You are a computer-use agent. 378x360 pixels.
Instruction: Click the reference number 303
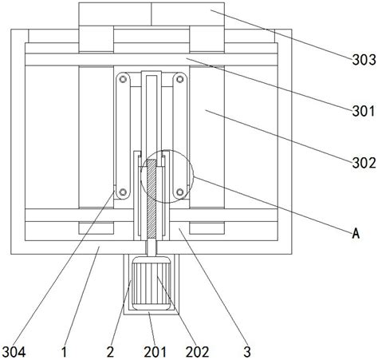[364, 60]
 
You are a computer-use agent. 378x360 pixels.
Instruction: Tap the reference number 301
[364, 111]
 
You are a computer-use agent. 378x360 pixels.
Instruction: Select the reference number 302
[364, 163]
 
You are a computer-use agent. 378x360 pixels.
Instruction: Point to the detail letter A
[356, 234]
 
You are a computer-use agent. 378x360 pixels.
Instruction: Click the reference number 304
[14, 352]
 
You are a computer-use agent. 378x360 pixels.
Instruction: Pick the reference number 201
[156, 352]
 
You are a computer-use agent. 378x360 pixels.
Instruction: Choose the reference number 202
[197, 352]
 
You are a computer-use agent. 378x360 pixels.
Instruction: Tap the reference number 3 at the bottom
[247, 352]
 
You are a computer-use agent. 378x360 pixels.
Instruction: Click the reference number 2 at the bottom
[110, 352]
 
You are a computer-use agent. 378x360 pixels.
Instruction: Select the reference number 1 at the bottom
[64, 352]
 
